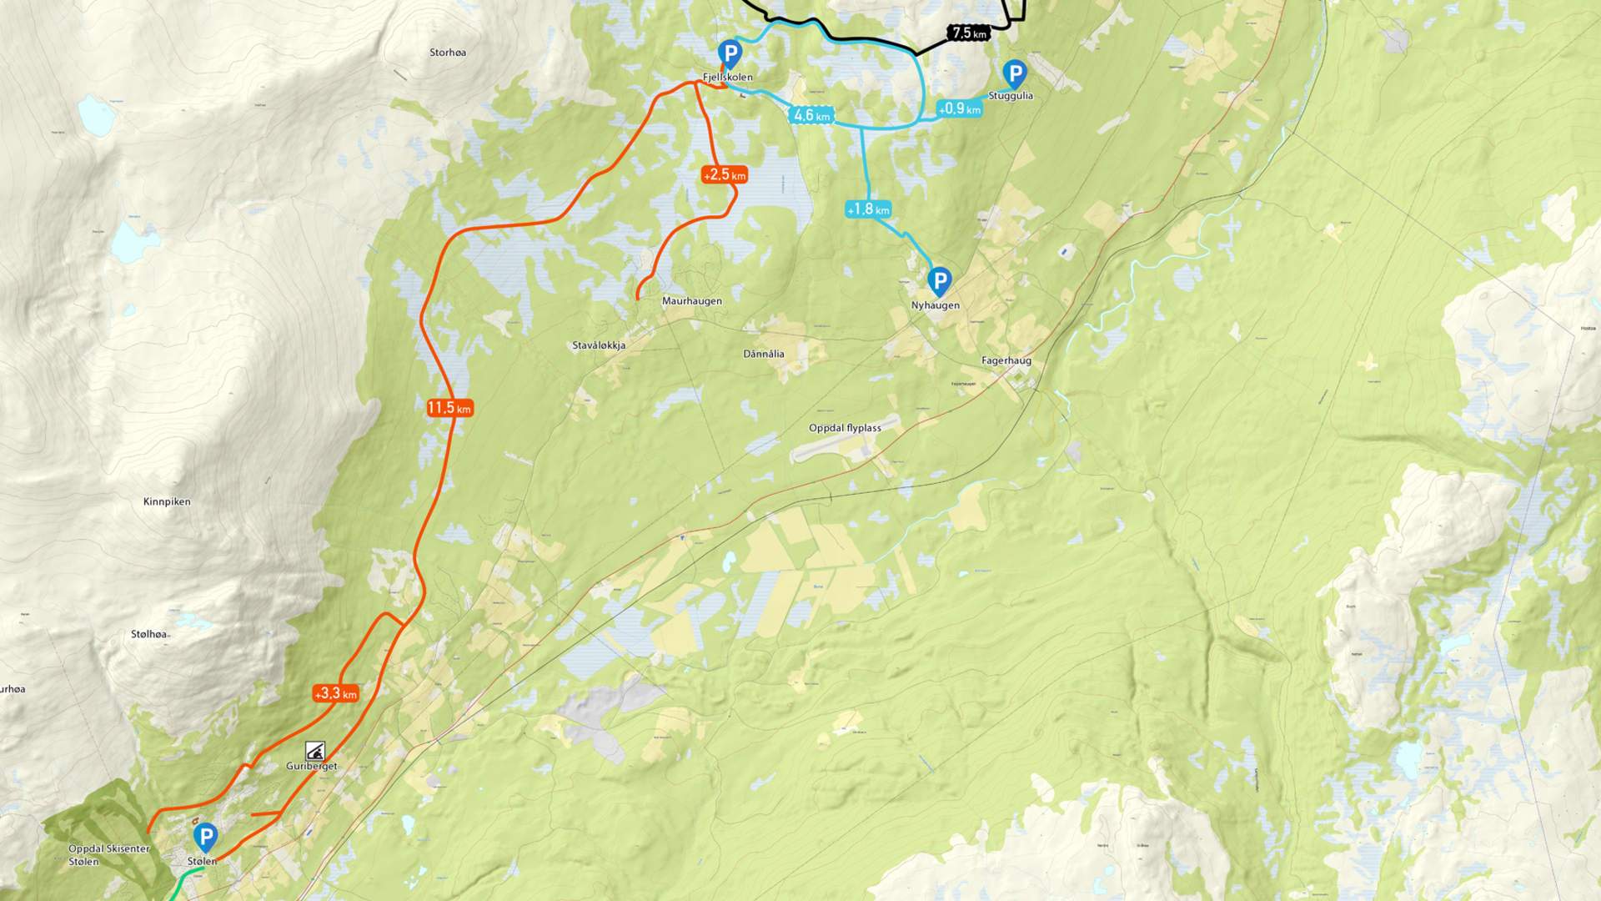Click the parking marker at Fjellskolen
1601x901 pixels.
pyautogui.click(x=730, y=53)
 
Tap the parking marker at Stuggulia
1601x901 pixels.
pyautogui.click(x=1014, y=73)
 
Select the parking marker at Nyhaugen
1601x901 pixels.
pyautogui.click(x=940, y=280)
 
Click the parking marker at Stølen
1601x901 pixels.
pyautogui.click(x=205, y=836)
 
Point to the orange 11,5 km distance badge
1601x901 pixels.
pyautogui.click(x=449, y=408)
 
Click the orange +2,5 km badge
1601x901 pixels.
pyautogui.click(x=725, y=175)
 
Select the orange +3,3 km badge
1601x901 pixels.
pyautogui.click(x=335, y=693)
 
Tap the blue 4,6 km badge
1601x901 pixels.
pyautogui.click(x=811, y=116)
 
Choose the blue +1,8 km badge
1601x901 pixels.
pyautogui.click(x=868, y=209)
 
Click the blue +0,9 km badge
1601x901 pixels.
pyautogui.click(x=959, y=108)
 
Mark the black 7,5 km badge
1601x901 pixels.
pyautogui.click(x=969, y=33)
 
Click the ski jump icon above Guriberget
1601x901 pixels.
pyautogui.click(x=314, y=750)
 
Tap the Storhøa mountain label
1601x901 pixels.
pyautogui.click(x=448, y=53)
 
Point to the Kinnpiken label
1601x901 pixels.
pyautogui.click(x=167, y=501)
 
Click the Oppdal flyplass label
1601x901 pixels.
pyautogui.click(x=845, y=428)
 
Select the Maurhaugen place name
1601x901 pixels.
pyautogui.click(x=691, y=301)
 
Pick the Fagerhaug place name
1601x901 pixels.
pyautogui.click(x=1006, y=360)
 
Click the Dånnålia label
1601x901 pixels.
pyautogui.click(x=763, y=354)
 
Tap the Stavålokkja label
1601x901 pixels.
pyautogui.click(x=599, y=345)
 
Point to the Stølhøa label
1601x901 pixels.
pyautogui.click(x=148, y=634)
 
